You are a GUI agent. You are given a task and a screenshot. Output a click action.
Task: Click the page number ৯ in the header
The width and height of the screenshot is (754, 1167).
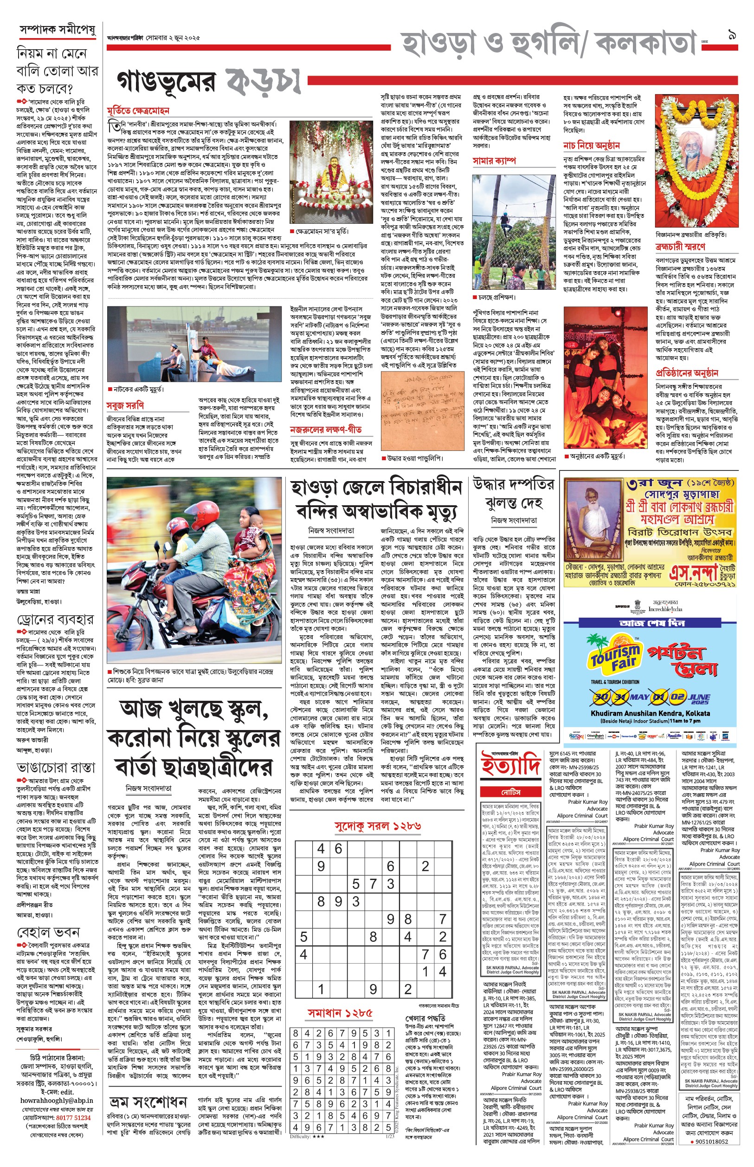click(x=731, y=35)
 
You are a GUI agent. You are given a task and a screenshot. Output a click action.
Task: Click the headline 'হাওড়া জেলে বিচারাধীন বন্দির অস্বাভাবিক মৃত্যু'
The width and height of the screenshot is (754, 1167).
click(x=376, y=499)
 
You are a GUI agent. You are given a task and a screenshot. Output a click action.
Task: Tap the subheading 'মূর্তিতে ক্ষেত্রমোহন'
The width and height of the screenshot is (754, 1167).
click(x=138, y=111)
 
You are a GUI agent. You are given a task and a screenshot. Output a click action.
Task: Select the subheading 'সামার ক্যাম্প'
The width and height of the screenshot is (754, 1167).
click(x=494, y=161)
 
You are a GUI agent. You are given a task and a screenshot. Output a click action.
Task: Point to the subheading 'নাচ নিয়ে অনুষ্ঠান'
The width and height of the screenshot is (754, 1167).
click(x=592, y=145)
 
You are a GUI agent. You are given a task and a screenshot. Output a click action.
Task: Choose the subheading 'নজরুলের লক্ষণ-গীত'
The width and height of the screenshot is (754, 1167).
click(x=326, y=430)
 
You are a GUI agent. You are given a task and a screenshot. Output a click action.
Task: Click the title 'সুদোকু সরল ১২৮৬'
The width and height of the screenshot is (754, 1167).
click(x=378, y=826)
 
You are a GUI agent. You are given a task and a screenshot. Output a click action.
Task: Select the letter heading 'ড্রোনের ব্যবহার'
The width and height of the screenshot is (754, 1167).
click(x=55, y=619)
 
